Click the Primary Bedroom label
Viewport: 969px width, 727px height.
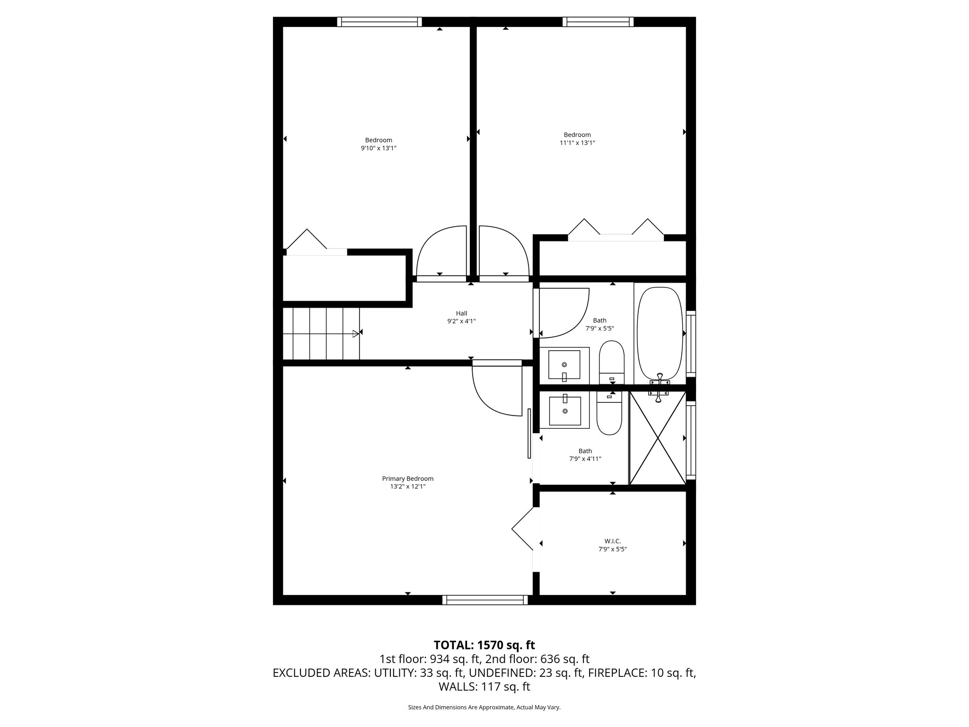pos(407,479)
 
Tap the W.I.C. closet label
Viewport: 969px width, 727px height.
pos(612,541)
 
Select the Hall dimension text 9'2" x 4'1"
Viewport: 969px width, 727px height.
pos(461,321)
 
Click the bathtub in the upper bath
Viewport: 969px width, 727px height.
pos(660,334)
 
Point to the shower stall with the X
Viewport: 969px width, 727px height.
pos(658,438)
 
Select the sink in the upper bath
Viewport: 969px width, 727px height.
pos(564,365)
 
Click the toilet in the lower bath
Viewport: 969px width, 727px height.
pos(609,417)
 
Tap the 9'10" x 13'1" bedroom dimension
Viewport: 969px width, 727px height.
pos(379,148)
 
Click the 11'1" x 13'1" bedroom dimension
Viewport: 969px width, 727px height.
pos(577,142)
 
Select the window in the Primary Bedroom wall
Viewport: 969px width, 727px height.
pos(485,600)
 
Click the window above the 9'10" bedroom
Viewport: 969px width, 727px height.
pos(379,22)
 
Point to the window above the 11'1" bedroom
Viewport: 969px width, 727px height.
pos(598,22)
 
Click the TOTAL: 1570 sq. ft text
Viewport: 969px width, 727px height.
pos(484,645)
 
